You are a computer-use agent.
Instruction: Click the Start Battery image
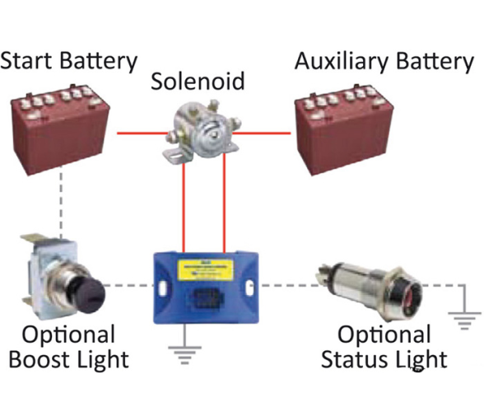click(60, 130)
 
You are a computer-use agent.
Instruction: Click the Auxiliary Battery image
click(344, 130)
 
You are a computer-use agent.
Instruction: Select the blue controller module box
click(206, 288)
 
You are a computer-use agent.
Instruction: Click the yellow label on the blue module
click(205, 269)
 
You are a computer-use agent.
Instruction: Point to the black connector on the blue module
click(206, 299)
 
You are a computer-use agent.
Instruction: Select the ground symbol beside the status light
click(464, 312)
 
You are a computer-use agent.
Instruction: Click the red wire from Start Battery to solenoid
click(142, 134)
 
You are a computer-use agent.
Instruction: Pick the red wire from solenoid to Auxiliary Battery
click(262, 134)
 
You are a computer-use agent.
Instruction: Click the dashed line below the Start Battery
click(61, 203)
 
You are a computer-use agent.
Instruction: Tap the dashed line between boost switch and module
click(129, 285)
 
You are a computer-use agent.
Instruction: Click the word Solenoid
click(198, 81)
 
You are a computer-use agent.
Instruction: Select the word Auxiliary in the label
click(342, 61)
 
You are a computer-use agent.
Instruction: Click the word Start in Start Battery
click(27, 60)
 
